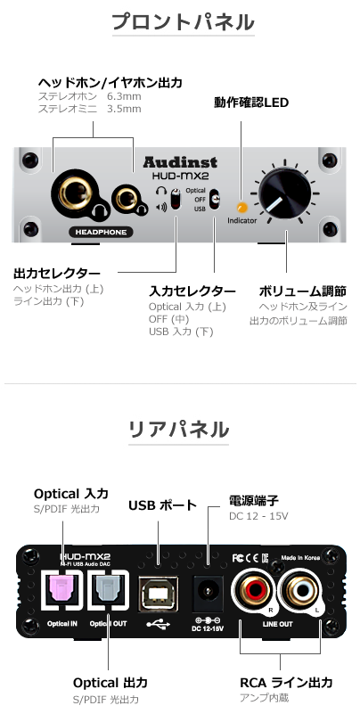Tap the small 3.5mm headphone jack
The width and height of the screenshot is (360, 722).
pos(125,199)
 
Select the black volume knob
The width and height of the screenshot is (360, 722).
pos(284,193)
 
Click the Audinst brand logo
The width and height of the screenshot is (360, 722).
pos(180,162)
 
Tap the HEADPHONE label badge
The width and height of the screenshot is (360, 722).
pos(101,232)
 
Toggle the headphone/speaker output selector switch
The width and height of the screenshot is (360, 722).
pos(176,199)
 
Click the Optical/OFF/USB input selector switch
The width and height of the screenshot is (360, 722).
pos(215,199)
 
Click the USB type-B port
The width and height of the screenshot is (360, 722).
pos(159,594)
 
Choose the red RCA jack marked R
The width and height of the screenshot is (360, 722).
pos(253,591)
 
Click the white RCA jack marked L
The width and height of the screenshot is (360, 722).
pos(301,591)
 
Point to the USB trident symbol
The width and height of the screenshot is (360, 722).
pos(159,624)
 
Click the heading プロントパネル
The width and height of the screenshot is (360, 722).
pos(184,22)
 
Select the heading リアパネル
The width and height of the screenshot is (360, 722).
pos(178,430)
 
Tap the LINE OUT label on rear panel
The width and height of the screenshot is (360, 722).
pos(278,624)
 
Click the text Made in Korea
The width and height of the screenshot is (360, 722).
pos(300,557)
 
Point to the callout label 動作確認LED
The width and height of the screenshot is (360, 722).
pos(251,103)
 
